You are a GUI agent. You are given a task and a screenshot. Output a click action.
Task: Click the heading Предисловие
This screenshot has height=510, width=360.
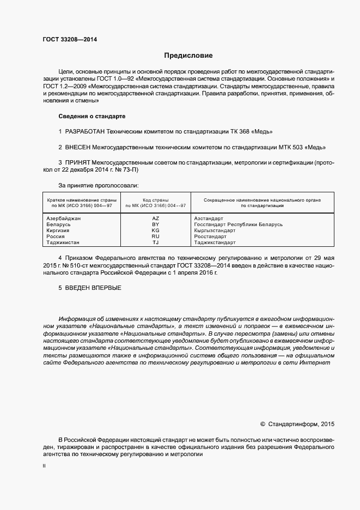point(188,56)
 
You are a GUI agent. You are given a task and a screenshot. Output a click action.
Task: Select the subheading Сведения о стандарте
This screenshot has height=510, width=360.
point(92,117)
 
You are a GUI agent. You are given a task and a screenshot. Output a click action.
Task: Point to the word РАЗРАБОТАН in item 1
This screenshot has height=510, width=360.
point(84,132)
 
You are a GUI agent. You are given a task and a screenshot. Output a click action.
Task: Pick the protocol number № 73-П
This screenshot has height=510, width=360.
point(134,169)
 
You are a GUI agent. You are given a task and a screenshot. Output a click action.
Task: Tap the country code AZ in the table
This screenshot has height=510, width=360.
point(156,217)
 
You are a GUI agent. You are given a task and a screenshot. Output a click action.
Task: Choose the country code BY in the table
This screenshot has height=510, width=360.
point(156,224)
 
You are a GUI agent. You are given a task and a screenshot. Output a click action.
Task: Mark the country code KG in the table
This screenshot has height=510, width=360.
point(156,230)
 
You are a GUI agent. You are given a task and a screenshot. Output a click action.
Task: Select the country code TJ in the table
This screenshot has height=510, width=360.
point(156,242)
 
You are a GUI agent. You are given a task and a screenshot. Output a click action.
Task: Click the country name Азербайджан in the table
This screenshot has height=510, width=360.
point(64,217)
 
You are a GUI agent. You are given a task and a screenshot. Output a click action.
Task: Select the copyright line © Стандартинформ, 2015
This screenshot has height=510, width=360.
point(297,424)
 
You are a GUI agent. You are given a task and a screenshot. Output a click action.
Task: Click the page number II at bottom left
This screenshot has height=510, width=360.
point(44,466)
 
